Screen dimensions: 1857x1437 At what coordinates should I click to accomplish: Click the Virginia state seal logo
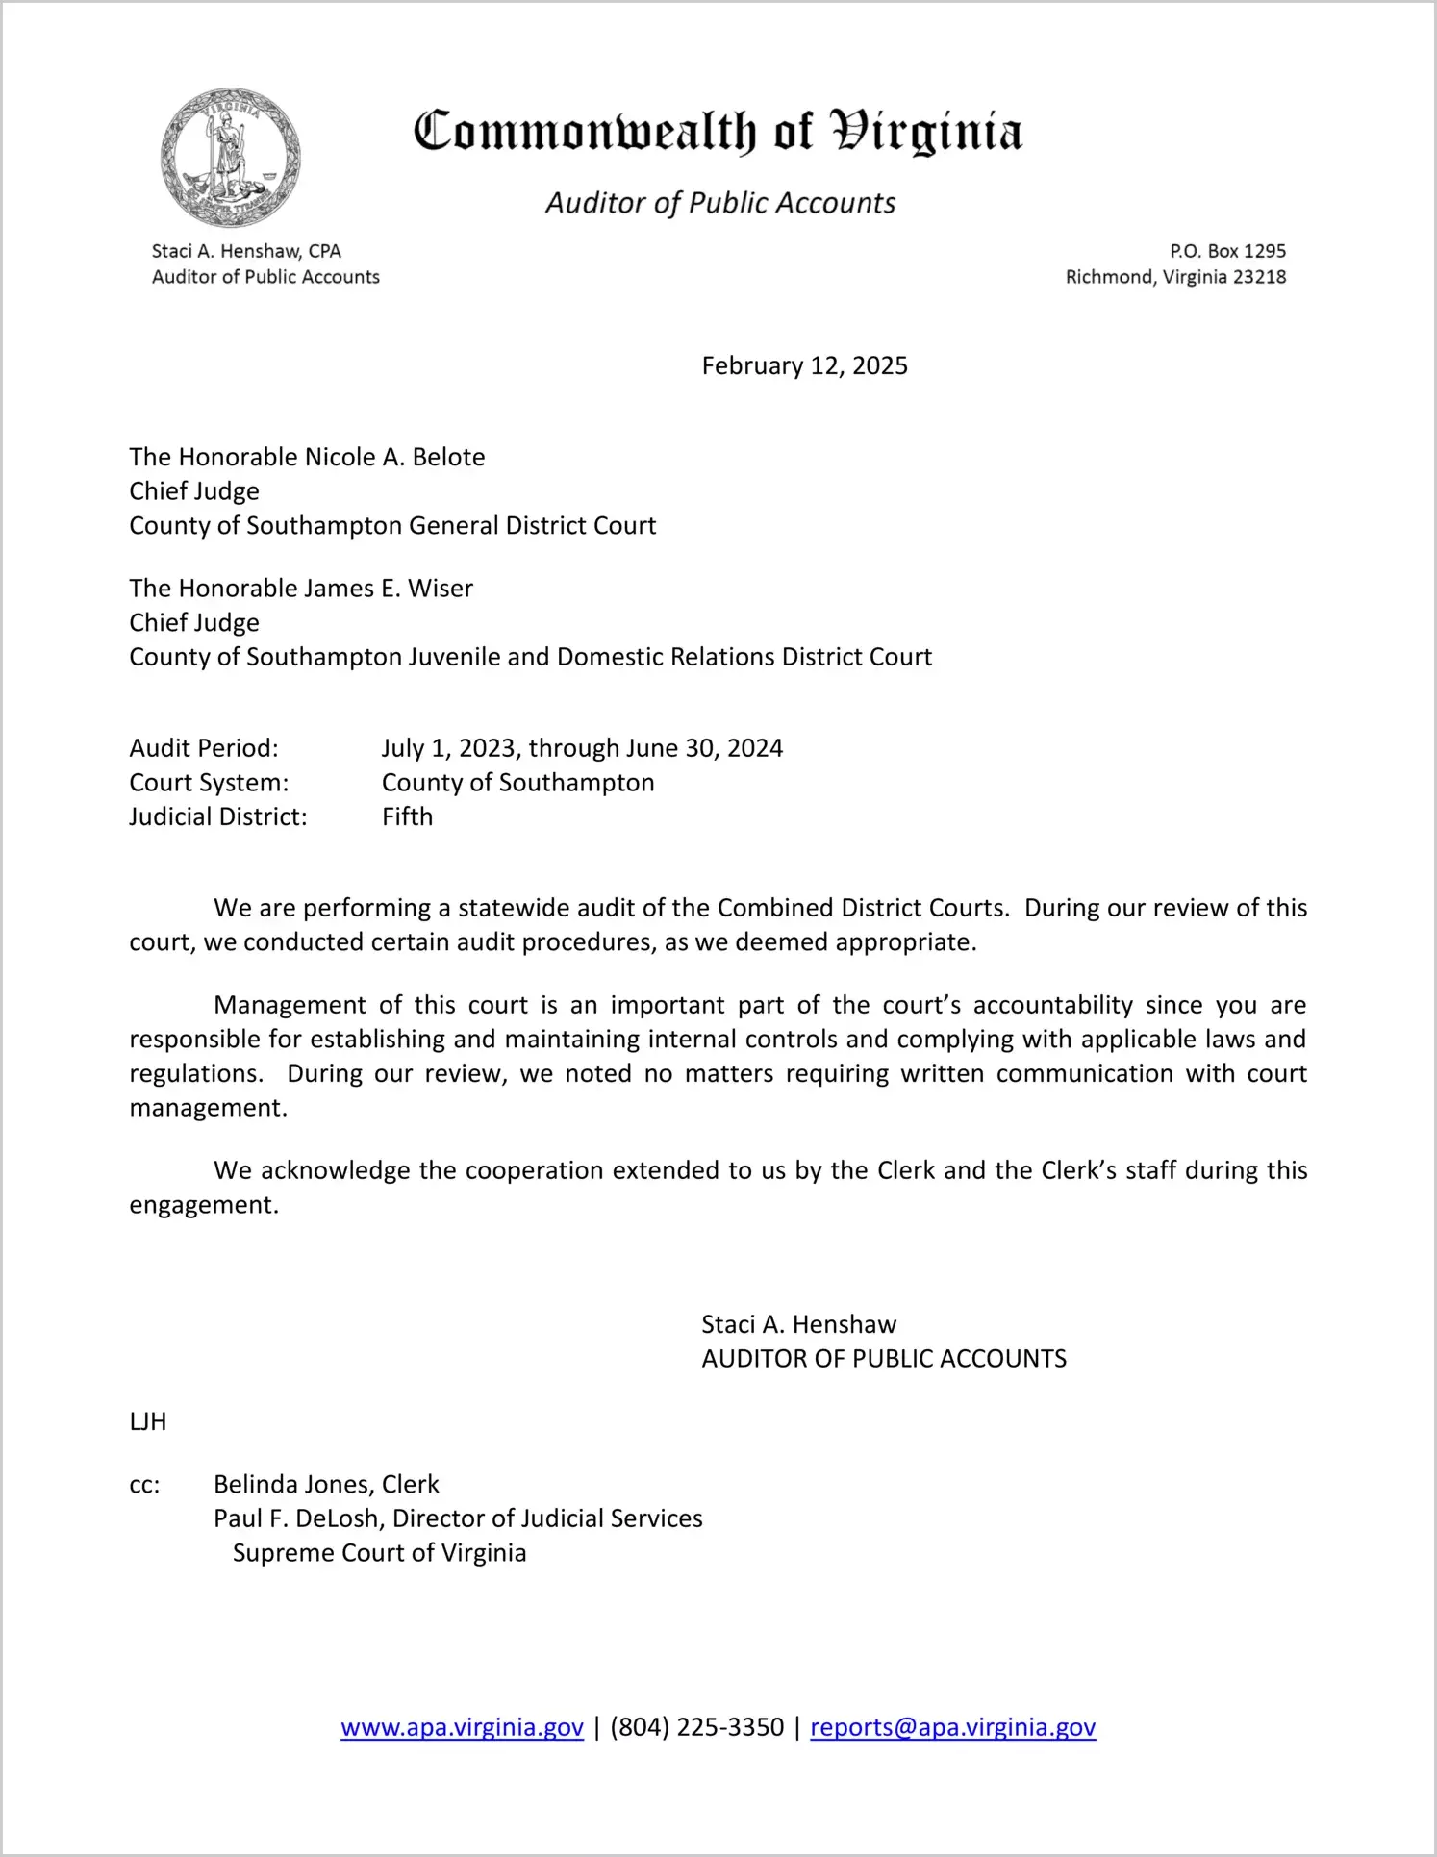pos(230,158)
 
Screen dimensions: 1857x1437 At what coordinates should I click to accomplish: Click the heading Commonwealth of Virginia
pos(718,132)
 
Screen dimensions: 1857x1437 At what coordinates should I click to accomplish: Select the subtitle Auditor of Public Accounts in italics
pos(720,203)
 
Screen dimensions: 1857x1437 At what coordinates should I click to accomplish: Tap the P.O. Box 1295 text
pos(1227,251)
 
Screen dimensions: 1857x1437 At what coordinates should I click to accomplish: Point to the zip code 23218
pos(1259,277)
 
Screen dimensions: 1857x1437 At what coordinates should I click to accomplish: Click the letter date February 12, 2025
pos(804,365)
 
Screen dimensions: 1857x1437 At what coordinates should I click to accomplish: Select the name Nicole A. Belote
pos(394,457)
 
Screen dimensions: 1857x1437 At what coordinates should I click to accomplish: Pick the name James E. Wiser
pos(389,588)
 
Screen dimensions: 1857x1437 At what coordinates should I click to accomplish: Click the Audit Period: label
pos(204,748)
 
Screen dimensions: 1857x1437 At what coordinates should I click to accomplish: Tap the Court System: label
pos(209,783)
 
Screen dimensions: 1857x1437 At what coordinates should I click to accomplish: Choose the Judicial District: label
pos(218,816)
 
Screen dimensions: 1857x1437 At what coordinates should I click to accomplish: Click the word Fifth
pos(407,816)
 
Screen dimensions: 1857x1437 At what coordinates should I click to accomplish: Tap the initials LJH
pos(148,1421)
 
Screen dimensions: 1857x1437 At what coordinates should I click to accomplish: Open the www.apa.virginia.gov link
pos(462,1727)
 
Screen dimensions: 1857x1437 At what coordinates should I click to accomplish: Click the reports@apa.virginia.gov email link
pos(952,1727)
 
